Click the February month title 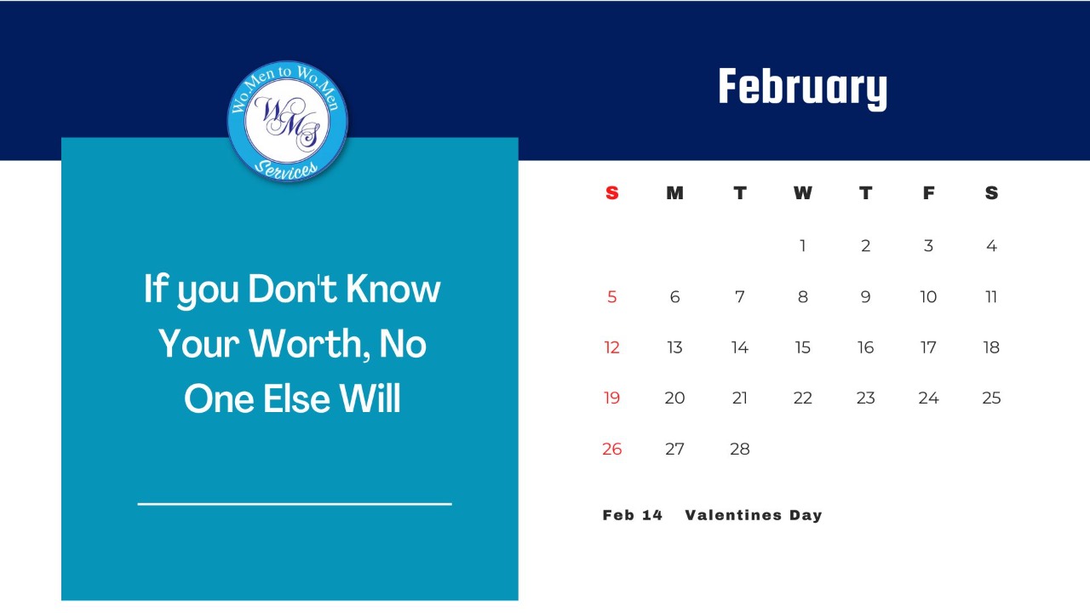click(803, 88)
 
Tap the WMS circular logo click(288, 121)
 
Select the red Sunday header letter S click(612, 193)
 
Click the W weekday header click(802, 193)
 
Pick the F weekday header click(928, 193)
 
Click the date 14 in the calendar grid click(740, 347)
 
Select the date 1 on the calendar click(803, 246)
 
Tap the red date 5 click(612, 297)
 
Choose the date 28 click(740, 449)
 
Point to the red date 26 click(612, 449)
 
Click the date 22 click(803, 398)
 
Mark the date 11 click(991, 297)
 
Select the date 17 click(928, 347)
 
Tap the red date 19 click(612, 398)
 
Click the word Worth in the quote click(309, 343)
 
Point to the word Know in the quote click(393, 289)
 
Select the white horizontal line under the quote click(295, 504)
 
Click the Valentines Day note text click(754, 515)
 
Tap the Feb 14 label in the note click(633, 515)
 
